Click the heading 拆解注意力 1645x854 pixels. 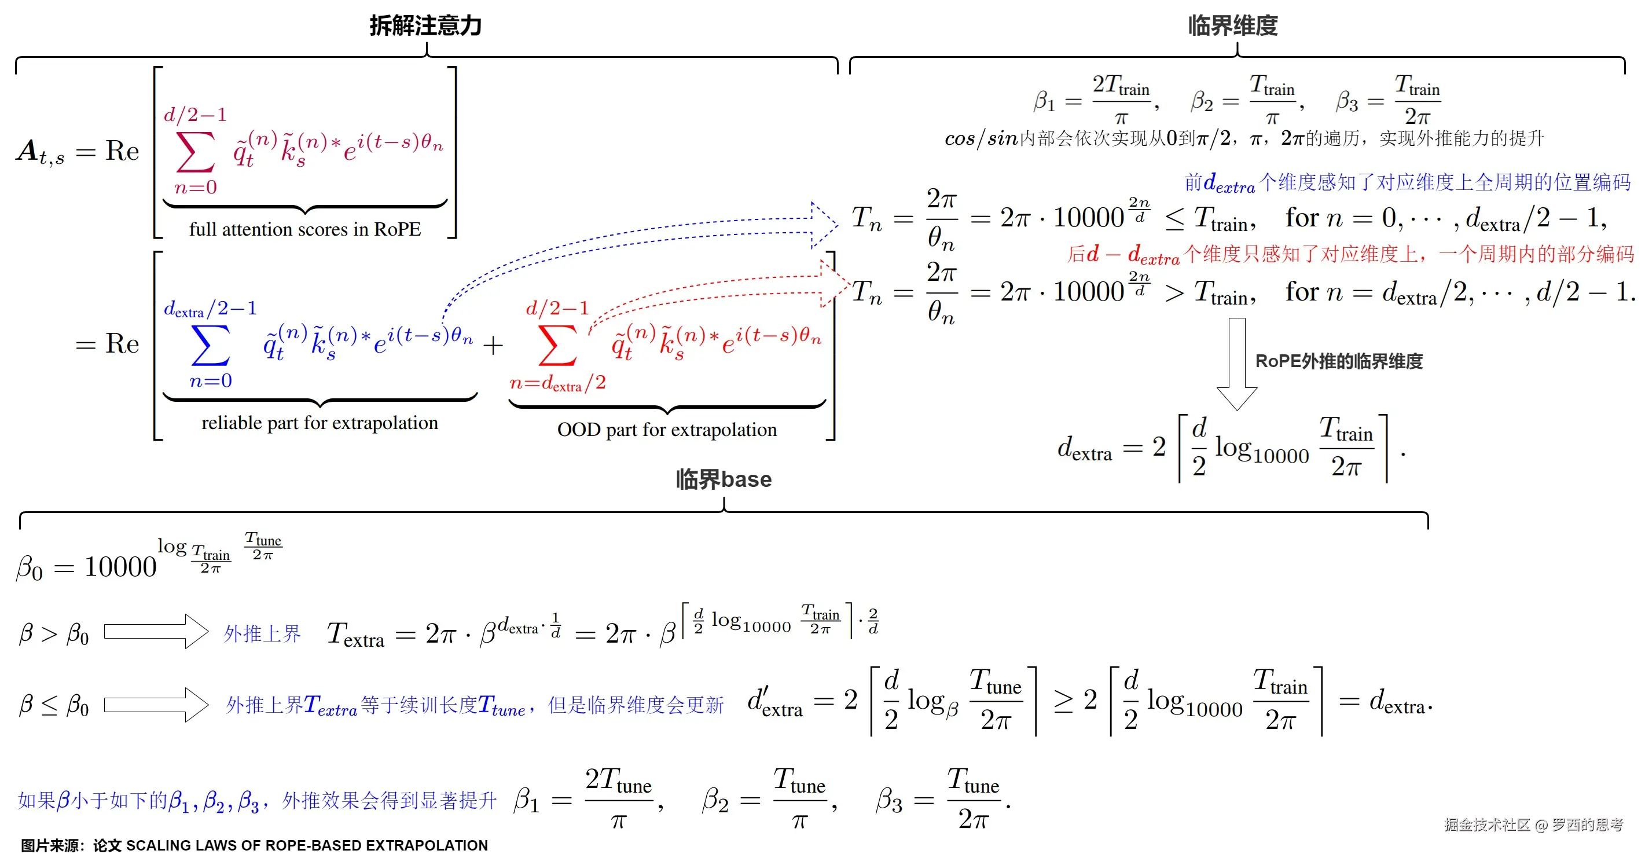click(x=425, y=25)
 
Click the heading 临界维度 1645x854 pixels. click(x=1232, y=25)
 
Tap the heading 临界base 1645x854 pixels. click(x=724, y=479)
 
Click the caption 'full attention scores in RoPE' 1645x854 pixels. click(x=304, y=229)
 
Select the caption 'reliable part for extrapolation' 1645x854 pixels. click(x=320, y=423)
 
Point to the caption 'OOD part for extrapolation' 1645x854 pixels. click(x=667, y=429)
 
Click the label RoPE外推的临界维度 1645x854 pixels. click(x=1338, y=361)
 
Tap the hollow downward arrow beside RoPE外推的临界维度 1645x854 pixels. click(x=1237, y=364)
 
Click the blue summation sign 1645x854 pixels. click(x=211, y=345)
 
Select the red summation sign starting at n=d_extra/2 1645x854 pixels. click(x=557, y=345)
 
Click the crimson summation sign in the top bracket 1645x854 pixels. click(x=196, y=152)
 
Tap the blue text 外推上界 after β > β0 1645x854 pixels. click(x=262, y=633)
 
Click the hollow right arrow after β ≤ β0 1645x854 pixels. click(x=156, y=705)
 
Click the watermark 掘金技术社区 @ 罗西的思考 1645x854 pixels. click(x=1533, y=824)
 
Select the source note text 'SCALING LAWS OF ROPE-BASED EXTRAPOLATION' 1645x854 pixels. click(x=307, y=845)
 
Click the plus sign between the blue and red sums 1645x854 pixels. click(x=493, y=346)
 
